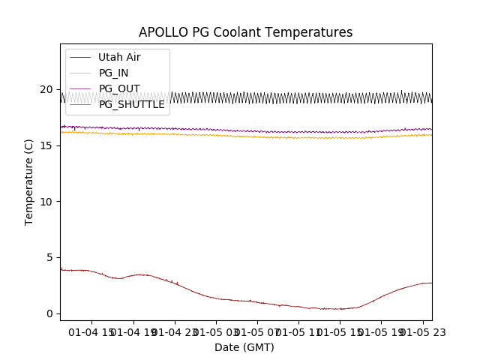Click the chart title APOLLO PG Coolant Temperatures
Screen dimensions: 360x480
(x=245, y=32)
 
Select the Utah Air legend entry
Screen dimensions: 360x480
(x=118, y=57)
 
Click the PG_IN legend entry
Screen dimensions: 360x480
(x=113, y=73)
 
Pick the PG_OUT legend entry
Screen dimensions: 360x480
(x=118, y=88)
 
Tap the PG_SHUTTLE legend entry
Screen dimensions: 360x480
(x=131, y=104)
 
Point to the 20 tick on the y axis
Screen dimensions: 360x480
(x=46, y=89)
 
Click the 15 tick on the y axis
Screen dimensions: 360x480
(x=46, y=145)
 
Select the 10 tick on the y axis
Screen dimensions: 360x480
(x=46, y=202)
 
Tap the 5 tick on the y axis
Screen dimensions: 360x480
(x=49, y=257)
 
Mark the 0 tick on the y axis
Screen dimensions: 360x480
(x=49, y=313)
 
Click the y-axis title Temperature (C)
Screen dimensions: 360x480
(x=29, y=181)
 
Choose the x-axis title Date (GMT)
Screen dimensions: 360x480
(x=244, y=347)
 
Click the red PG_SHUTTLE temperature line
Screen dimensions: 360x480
(x=225, y=298)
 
